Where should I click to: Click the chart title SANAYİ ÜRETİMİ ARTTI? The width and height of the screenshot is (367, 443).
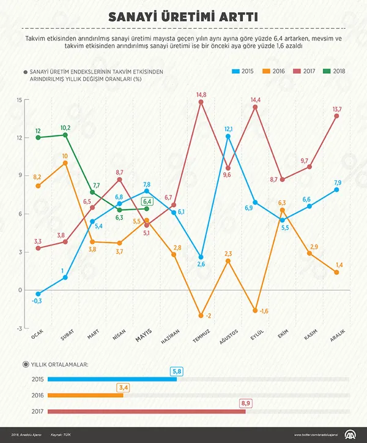[183, 16]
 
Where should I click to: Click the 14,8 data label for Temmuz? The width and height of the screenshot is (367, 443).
[201, 94]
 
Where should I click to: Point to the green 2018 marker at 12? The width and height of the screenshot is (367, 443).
[39, 137]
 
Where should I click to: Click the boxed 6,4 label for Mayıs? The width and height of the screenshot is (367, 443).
[147, 202]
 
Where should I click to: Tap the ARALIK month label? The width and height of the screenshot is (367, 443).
[337, 337]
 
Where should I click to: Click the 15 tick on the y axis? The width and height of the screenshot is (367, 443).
[20, 99]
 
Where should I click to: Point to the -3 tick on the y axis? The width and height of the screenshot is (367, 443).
[19, 328]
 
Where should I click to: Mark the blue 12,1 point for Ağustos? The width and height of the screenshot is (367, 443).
[228, 136]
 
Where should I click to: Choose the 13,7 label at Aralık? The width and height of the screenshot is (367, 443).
[336, 109]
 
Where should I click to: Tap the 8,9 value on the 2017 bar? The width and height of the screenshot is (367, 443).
[246, 403]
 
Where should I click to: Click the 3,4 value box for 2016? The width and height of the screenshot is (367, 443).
[122, 387]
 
